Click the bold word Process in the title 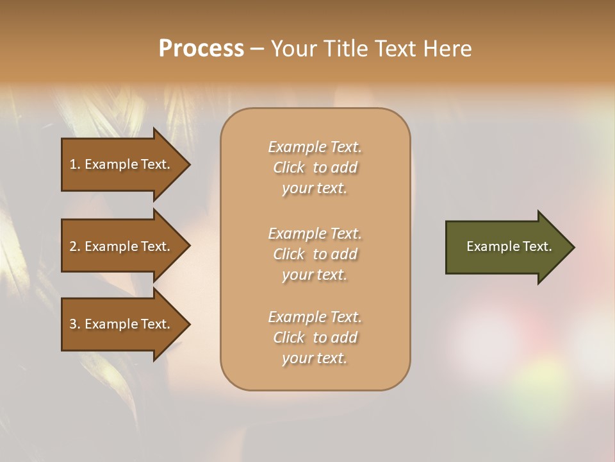pos(201,49)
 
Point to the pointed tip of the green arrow pos(573,247)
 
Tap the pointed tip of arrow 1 pos(188,164)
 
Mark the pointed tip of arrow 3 pos(188,324)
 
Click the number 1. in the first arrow pos(75,164)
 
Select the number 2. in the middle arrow pos(75,246)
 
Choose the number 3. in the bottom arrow pos(75,324)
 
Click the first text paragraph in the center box pos(315,167)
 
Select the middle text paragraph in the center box pos(315,254)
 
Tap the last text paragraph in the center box pos(315,338)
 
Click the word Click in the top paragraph pos(288,167)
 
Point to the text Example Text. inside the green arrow pos(509,246)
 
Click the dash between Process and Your pos(257,49)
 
